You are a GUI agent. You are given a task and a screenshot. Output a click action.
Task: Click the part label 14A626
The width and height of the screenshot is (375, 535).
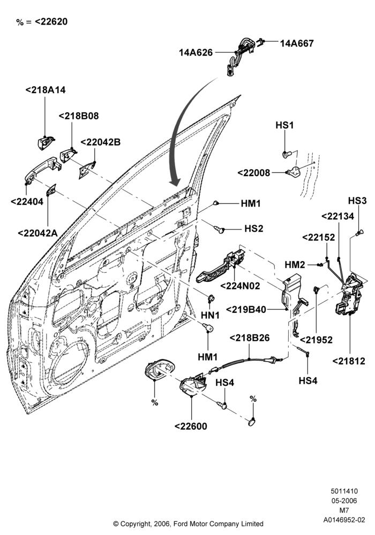point(196,52)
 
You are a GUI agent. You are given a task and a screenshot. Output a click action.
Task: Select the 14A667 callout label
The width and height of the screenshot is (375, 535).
point(297,43)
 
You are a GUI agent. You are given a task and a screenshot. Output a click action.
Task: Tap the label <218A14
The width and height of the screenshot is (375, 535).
point(46,90)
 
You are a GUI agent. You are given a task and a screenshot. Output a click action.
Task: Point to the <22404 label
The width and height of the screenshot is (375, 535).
point(27,202)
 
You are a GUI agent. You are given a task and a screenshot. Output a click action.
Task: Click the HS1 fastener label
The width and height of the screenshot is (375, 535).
point(284,125)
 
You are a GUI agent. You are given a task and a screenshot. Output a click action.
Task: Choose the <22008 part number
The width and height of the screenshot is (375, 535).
point(254,173)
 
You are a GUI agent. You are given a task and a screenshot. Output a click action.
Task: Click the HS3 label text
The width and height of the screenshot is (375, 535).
point(357,201)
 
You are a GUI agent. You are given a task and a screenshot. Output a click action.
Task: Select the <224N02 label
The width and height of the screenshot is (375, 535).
point(240,286)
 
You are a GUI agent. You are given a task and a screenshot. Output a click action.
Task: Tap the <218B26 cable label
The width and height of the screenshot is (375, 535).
point(250,338)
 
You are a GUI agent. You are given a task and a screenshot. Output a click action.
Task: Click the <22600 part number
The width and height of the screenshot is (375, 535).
point(191,426)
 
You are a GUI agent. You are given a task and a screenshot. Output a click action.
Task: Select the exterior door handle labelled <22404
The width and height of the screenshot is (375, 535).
point(42,170)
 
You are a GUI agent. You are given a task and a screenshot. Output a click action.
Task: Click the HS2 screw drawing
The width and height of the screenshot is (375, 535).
point(219,230)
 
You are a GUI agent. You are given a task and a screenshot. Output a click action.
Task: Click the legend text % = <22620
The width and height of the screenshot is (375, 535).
point(42,22)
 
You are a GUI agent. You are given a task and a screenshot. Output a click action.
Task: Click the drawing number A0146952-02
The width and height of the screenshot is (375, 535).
point(344,520)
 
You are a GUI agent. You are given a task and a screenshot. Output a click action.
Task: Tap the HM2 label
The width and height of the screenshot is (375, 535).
point(295,265)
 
